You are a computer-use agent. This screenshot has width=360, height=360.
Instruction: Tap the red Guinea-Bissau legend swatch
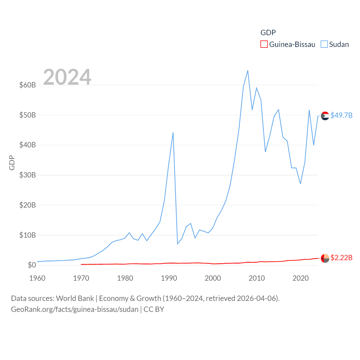264,44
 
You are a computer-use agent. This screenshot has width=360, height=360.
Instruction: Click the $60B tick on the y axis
28,85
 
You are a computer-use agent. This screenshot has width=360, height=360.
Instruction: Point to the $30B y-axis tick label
28,175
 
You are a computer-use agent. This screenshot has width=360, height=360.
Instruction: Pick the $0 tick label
32,265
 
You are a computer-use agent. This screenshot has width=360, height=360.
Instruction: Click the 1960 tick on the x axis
37,278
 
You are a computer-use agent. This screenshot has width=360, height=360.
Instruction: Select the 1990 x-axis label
169,278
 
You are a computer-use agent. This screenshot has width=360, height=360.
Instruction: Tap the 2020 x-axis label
301,278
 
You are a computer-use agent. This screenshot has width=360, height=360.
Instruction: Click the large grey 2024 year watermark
67,77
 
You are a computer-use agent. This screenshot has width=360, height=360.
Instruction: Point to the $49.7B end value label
341,115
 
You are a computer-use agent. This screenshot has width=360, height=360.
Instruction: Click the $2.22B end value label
341,258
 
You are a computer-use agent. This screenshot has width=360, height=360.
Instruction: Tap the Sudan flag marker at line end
325,116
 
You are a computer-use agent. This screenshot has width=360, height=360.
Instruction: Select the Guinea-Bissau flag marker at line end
325,258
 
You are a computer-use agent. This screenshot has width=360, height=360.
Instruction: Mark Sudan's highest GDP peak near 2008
248,71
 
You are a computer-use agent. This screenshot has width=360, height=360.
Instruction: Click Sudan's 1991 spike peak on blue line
173,132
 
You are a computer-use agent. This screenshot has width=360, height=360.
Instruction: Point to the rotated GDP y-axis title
12,163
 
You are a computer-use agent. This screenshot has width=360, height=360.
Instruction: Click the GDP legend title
268,33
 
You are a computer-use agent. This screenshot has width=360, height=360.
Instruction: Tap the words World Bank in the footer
75,298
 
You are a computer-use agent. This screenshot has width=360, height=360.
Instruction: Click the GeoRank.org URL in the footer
75,309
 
